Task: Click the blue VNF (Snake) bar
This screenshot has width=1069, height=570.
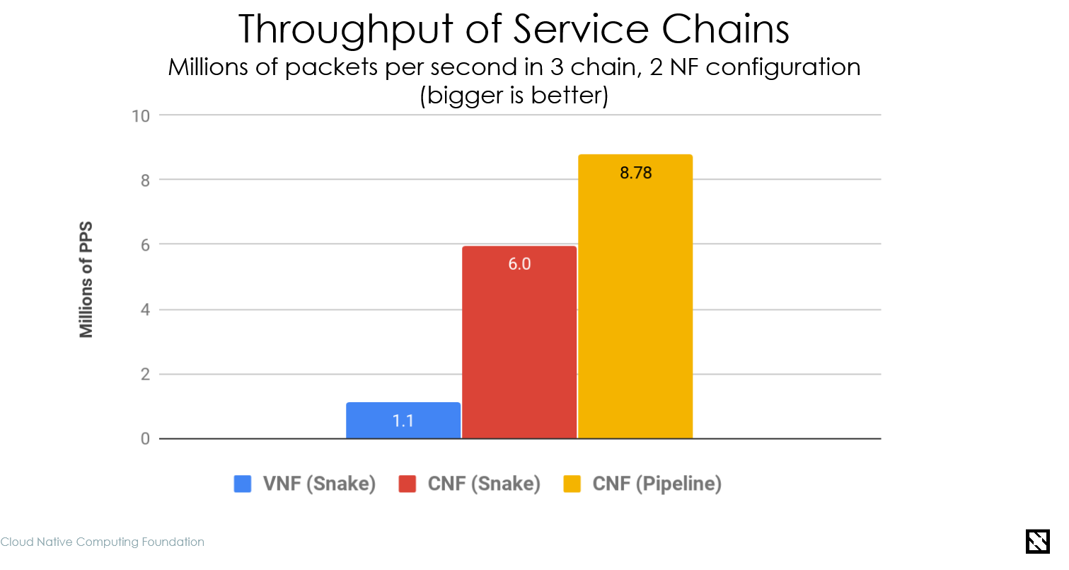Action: click(x=403, y=421)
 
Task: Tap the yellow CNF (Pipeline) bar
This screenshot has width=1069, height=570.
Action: click(x=635, y=297)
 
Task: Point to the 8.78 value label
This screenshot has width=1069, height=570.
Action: click(x=635, y=173)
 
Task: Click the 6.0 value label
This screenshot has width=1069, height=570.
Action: click(x=519, y=265)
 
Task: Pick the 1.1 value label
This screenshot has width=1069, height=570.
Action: click(x=403, y=421)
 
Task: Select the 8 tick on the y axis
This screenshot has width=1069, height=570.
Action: click(x=144, y=180)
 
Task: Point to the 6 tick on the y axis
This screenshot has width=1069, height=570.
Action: click(x=144, y=245)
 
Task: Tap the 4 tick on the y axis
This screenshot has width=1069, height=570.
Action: click(x=144, y=309)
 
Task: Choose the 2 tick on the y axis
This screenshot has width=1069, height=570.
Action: click(x=144, y=375)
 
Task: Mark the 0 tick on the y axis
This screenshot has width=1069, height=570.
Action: click(x=144, y=439)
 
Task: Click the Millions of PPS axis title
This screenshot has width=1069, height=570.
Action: click(x=86, y=280)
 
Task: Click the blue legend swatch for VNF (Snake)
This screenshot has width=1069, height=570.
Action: click(x=243, y=484)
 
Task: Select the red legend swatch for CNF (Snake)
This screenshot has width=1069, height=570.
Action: click(x=408, y=484)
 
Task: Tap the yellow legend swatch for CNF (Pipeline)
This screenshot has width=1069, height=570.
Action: click(x=572, y=484)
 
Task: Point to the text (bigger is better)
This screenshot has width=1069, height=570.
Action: click(x=514, y=96)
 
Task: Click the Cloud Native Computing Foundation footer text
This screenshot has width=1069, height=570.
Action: click(x=103, y=542)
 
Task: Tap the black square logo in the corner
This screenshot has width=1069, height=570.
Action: click(x=1037, y=541)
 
